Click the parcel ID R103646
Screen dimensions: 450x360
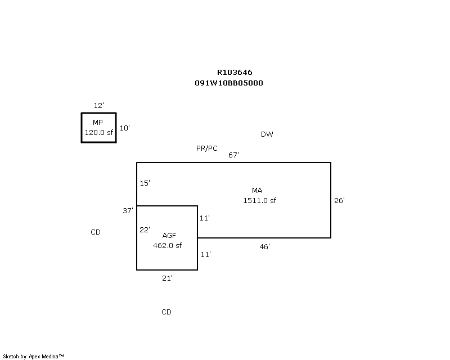coord(235,73)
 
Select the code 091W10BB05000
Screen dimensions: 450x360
coord(229,83)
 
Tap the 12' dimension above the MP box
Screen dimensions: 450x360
coord(99,105)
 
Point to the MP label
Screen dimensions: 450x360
coord(97,122)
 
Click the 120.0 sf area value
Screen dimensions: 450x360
coord(99,132)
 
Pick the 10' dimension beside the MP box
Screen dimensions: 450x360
coord(124,128)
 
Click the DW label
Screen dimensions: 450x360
coord(267,134)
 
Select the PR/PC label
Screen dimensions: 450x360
coord(206,148)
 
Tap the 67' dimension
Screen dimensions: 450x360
coord(233,155)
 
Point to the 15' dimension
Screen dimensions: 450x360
coord(145,183)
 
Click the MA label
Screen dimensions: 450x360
coord(257,190)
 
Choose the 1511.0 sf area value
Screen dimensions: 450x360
coord(259,200)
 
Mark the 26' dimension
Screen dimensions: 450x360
coord(339,200)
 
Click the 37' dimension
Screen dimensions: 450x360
coord(128,210)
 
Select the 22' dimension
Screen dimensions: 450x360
coord(145,229)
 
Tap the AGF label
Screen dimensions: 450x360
coord(169,236)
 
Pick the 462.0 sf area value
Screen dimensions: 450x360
coord(167,245)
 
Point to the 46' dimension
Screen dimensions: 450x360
coord(264,246)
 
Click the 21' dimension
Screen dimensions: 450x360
coord(167,278)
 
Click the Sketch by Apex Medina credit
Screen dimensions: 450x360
coord(33,356)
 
